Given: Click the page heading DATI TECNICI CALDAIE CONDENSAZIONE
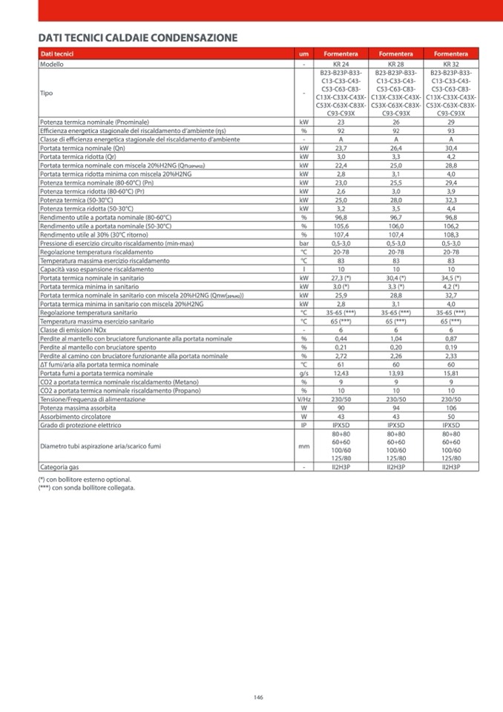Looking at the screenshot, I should click(138, 38).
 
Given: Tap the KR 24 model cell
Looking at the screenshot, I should click(341, 65).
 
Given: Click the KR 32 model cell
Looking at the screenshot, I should click(451, 65).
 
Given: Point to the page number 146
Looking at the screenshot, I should click(258, 697).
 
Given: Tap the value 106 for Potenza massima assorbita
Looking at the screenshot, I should click(451, 408).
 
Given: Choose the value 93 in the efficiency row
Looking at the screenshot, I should click(451, 130).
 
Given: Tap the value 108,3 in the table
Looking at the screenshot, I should click(451, 235).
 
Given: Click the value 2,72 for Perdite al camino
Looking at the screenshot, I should click(341, 356).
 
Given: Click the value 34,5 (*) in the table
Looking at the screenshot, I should click(451, 278).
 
